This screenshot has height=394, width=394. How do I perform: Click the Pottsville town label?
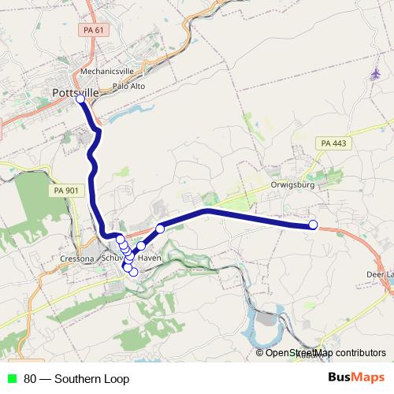[75, 92]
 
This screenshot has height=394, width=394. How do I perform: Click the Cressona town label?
[77, 258]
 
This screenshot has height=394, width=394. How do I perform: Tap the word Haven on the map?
[149, 258]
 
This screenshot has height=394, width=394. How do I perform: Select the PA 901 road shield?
[66, 191]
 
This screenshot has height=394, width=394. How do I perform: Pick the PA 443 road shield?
[334, 143]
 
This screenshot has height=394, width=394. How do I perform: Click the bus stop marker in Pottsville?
[80, 99]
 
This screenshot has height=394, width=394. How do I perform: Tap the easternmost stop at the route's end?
[313, 225]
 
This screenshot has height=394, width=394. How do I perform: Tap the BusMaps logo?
[355, 378]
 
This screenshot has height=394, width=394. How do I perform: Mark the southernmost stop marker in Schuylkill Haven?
[133, 272]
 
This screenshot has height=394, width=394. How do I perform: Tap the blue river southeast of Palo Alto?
[126, 115]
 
